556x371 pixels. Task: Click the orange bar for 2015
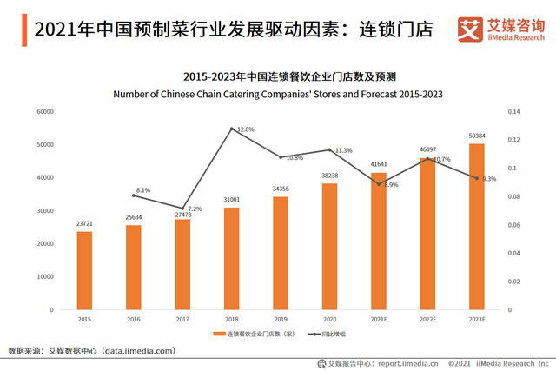point(83,270)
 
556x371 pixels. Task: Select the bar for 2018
point(232,258)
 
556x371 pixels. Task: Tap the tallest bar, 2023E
point(477,226)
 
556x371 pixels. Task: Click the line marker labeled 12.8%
point(232,129)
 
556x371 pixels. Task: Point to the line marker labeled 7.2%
point(182,208)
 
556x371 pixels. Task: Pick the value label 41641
point(379,163)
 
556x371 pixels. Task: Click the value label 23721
point(84,223)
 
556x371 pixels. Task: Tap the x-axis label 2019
point(281,320)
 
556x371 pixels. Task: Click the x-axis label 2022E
point(427,320)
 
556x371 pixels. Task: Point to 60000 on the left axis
point(45,112)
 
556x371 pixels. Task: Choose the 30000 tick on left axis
point(45,211)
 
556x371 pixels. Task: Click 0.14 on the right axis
point(514,112)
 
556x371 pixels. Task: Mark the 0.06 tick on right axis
point(514,225)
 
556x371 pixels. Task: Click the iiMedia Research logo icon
point(471,29)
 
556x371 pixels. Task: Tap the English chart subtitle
point(281,94)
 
